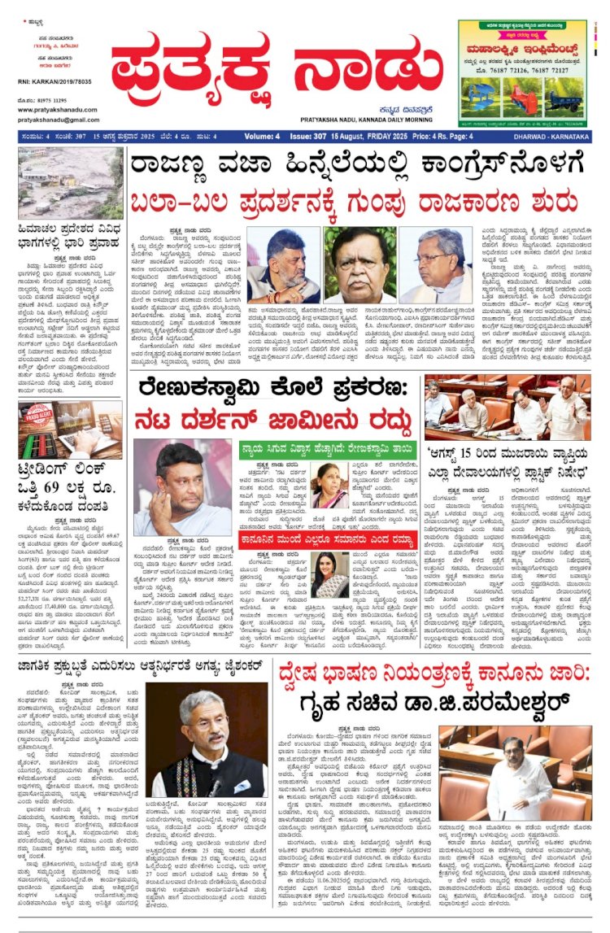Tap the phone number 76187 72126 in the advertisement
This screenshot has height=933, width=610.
[x=513, y=70]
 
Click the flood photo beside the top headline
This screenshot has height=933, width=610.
[x=71, y=185]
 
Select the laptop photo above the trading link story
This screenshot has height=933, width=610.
[x=71, y=430]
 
